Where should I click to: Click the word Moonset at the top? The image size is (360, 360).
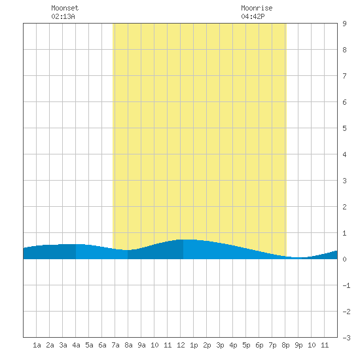65,8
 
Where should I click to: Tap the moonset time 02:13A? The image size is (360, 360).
63,16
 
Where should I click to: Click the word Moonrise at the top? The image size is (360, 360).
257,8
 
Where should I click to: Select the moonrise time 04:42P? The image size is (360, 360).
253,16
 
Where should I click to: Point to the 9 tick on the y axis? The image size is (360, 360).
344,24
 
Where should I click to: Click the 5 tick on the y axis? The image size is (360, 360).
344,128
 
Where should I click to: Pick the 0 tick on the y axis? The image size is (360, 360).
344,259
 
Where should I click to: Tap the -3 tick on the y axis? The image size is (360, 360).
347,338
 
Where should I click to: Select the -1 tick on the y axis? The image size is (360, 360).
347,285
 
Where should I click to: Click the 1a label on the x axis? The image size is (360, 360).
37,345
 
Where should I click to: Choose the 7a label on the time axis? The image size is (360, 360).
115,345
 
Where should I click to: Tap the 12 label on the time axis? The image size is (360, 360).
181,345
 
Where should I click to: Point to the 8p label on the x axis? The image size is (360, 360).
285,345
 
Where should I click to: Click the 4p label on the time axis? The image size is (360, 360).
233,345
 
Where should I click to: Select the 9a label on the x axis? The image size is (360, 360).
141,345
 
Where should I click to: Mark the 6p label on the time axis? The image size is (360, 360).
259,345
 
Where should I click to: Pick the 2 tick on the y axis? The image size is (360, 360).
344,207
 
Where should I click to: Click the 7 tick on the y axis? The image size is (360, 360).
344,76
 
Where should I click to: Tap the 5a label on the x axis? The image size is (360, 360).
89,345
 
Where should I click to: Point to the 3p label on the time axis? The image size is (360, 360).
220,345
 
